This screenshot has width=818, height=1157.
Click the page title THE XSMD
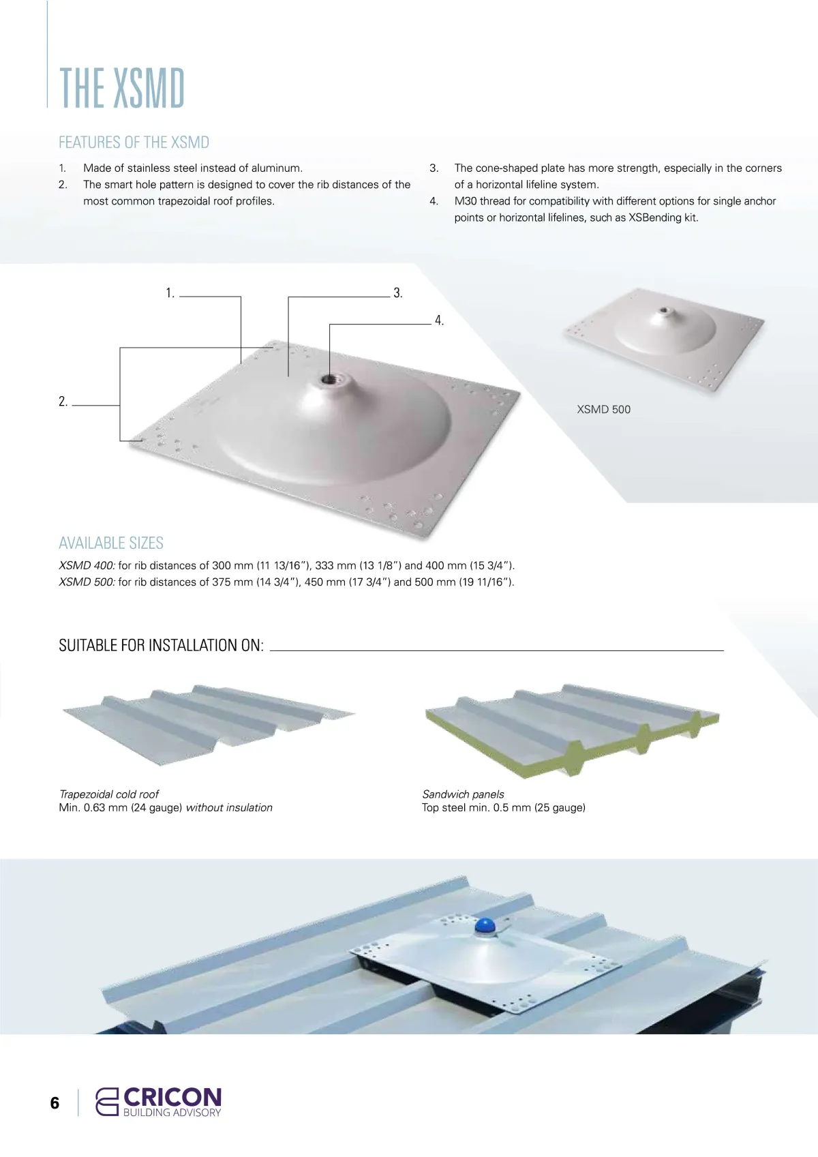pyautogui.click(x=122, y=88)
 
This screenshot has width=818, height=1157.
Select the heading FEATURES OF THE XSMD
pyautogui.click(x=134, y=142)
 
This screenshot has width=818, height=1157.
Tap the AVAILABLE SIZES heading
pyautogui.click(x=111, y=543)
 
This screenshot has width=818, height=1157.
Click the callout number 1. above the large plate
pyautogui.click(x=170, y=293)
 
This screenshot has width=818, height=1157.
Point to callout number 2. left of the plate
pyautogui.click(x=63, y=402)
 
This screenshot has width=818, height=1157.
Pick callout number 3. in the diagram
pyautogui.click(x=397, y=293)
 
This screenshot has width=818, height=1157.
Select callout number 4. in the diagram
pyautogui.click(x=439, y=320)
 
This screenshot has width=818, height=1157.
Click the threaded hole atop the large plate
pyautogui.click(x=329, y=380)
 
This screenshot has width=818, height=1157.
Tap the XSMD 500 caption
pyautogui.click(x=604, y=410)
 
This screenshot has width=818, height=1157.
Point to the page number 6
pyautogui.click(x=55, y=1102)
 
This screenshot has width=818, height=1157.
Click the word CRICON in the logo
pyautogui.click(x=172, y=1096)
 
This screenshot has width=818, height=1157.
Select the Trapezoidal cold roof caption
pyautogui.click(x=109, y=794)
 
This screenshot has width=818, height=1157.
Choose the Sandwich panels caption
pyautogui.click(x=463, y=794)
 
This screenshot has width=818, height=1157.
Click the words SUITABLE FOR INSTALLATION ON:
pyautogui.click(x=161, y=645)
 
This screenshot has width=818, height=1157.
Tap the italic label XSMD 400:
pyautogui.click(x=87, y=566)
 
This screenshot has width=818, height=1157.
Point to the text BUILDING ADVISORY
pyautogui.click(x=172, y=1112)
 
